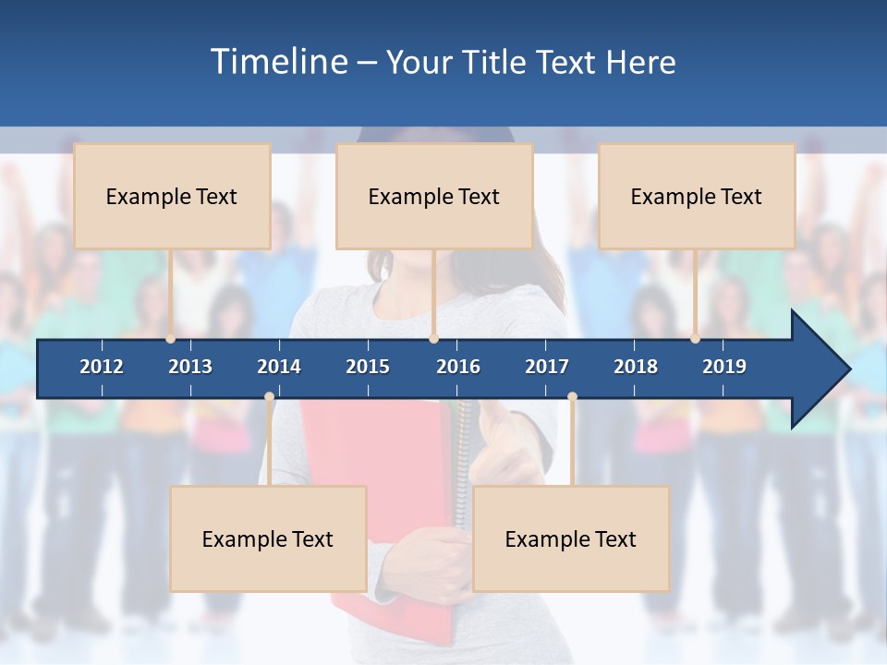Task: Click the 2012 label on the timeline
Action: (x=102, y=367)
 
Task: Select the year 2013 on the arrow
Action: (x=190, y=367)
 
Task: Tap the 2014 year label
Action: (x=279, y=367)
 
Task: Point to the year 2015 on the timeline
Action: (x=368, y=367)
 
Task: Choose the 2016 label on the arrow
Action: (x=458, y=367)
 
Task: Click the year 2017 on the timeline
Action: (x=547, y=367)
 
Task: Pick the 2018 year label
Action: (x=636, y=367)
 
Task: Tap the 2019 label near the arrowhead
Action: (x=724, y=367)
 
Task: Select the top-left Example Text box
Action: (x=172, y=196)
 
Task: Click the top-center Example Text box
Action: (x=434, y=196)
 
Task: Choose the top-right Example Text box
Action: (x=697, y=196)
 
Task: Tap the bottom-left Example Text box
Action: (x=268, y=538)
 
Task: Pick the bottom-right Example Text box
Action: (x=571, y=538)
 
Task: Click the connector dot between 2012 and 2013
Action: (x=171, y=339)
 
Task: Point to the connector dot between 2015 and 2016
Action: (x=433, y=339)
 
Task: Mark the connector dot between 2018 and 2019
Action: (x=696, y=339)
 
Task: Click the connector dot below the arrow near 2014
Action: (x=269, y=397)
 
